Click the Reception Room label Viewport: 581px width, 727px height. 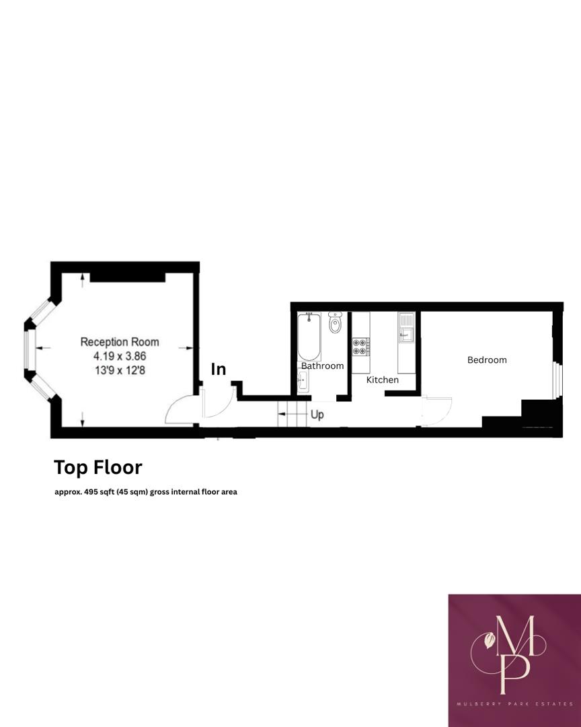click(x=120, y=342)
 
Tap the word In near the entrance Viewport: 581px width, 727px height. click(x=219, y=369)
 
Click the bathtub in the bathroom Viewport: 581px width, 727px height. click(x=309, y=337)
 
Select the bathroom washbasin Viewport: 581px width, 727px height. click(x=303, y=382)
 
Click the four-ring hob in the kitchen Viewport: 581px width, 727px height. click(x=360, y=346)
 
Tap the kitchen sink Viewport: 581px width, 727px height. click(x=406, y=329)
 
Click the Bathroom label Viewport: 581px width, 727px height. click(x=322, y=366)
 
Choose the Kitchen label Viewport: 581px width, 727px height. click(x=382, y=380)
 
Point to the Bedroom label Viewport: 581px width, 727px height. click(x=487, y=360)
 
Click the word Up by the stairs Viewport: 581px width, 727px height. click(x=317, y=415)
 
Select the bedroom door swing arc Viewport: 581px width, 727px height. click(x=438, y=411)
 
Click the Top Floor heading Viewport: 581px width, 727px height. click(x=98, y=466)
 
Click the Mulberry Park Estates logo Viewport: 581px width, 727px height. click(x=514, y=660)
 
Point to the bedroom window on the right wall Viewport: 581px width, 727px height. click(x=556, y=381)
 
